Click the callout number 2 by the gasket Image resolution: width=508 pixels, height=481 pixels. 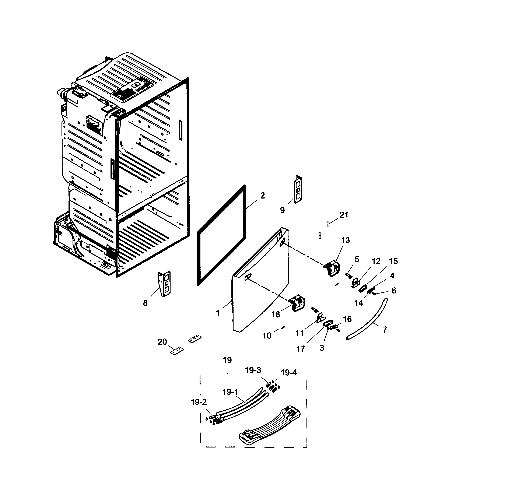pyautogui.click(x=262, y=196)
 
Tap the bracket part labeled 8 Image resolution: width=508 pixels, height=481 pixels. pyautogui.click(x=165, y=283)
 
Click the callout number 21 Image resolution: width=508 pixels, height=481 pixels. pyautogui.click(x=344, y=215)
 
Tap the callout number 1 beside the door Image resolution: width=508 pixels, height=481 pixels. pyautogui.click(x=218, y=313)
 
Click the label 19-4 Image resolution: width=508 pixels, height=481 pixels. pyautogui.click(x=289, y=373)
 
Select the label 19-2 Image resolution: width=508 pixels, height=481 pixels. pyautogui.click(x=199, y=402)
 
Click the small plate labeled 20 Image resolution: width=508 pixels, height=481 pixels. pyautogui.click(x=177, y=351)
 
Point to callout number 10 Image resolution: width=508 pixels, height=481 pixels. pyautogui.click(x=267, y=335)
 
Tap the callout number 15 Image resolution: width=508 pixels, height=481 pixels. pyautogui.click(x=393, y=261)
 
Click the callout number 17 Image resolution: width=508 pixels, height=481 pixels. pyautogui.click(x=301, y=349)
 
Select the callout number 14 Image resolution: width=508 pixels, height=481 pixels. pyautogui.click(x=358, y=303)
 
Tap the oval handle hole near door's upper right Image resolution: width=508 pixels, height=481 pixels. pyautogui.click(x=282, y=242)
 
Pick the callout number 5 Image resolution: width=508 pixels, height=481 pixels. pyautogui.click(x=357, y=259)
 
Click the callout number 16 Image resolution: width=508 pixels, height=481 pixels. pyautogui.click(x=347, y=319)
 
